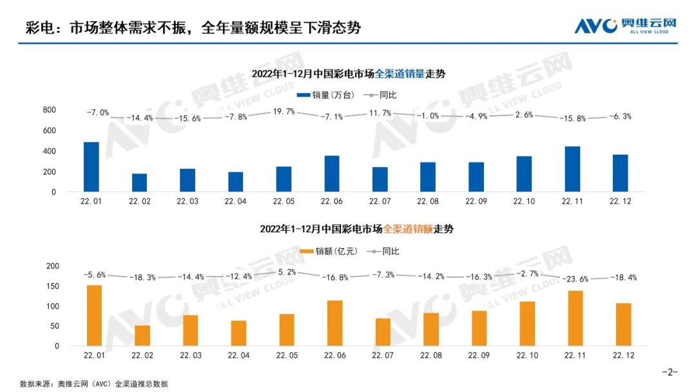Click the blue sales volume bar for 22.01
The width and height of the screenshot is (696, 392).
point(91,167)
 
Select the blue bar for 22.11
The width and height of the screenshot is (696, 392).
point(572,169)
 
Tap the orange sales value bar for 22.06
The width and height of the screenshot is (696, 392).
point(332,323)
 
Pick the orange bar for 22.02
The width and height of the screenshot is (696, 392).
point(139,335)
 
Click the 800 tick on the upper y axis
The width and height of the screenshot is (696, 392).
point(49,110)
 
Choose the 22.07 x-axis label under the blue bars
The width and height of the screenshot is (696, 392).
point(379,201)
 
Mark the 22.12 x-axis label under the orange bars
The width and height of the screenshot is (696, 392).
point(620,355)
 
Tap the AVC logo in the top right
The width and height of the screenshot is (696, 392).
point(625,25)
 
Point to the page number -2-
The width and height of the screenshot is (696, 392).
point(670,372)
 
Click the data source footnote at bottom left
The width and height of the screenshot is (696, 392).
point(94,384)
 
